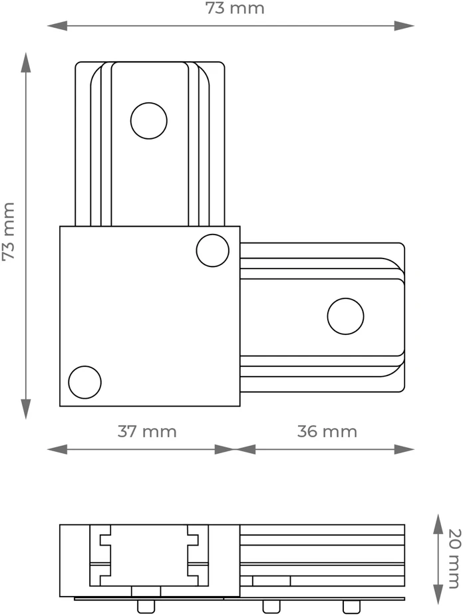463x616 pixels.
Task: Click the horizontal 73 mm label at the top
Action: [235, 8]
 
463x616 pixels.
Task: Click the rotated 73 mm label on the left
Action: [8, 231]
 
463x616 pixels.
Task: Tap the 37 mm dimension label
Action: [147, 431]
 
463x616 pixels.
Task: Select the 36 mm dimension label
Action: [327, 431]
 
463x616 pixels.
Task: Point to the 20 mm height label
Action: [454, 559]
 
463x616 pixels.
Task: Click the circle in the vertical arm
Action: [149, 120]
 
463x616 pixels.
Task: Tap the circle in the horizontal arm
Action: [345, 316]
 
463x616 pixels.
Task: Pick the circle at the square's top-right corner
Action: [212, 251]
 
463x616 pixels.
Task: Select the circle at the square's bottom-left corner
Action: [84, 382]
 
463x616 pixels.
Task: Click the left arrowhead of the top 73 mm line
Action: [57, 26]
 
